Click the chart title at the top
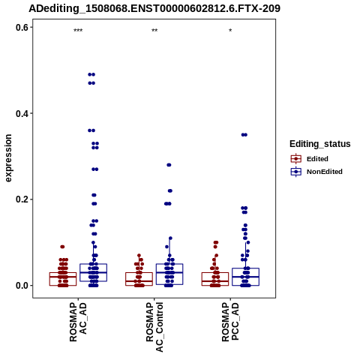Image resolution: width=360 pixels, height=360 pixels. tap(154, 8)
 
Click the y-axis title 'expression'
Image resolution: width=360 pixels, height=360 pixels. tap(8, 158)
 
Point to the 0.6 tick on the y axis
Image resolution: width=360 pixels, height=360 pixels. tap(22, 27)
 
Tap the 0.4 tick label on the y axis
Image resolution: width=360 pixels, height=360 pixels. tap(22, 113)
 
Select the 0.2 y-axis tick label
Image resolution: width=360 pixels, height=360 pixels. tap(22, 199)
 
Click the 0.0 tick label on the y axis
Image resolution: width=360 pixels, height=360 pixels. tap(22, 286)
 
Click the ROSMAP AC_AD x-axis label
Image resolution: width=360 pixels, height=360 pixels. tap(78, 322)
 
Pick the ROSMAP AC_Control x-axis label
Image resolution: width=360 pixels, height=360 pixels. tap(154, 327)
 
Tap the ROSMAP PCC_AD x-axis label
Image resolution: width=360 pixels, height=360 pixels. tap(230, 322)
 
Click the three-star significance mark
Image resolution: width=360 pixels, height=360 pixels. tap(78, 31)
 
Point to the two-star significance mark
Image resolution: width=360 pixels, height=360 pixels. tap(154, 31)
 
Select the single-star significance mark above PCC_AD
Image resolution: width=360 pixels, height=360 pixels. tap(230, 31)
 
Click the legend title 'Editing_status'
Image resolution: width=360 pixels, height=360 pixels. tap(320, 144)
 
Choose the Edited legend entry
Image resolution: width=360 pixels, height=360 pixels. tap(310, 159)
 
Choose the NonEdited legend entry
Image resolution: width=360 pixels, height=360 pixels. tap(316, 172)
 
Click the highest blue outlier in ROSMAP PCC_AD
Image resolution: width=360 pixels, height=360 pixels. tap(244, 135)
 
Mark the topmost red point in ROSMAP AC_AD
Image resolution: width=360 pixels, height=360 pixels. tap(62, 247)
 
